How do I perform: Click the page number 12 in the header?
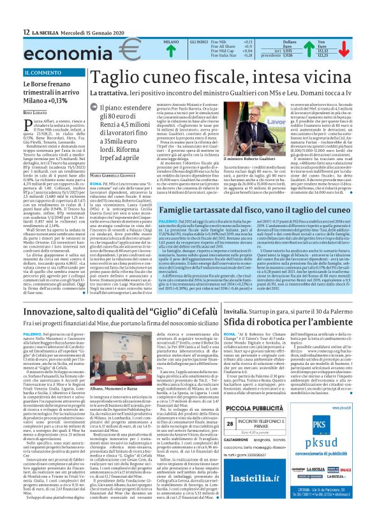[x=25, y=33]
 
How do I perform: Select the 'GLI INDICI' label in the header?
[x=200, y=41]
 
